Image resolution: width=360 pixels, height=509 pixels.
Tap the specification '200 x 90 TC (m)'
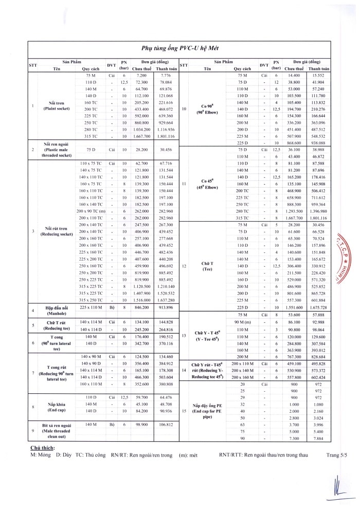click(x=91, y=211)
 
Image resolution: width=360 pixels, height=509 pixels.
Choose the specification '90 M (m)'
click(x=242, y=321)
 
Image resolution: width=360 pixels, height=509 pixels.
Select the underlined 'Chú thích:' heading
click(x=43, y=448)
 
